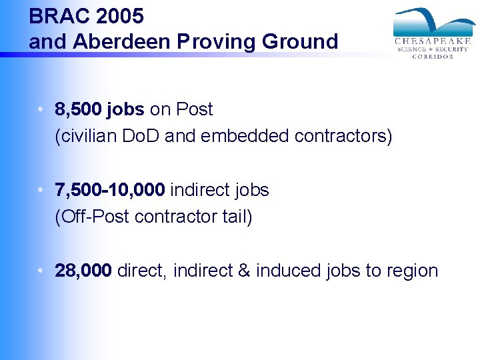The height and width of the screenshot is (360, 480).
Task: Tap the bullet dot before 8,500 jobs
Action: (41, 109)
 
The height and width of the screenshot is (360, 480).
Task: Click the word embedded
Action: (239, 136)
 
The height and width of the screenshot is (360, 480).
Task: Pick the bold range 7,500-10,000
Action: (110, 190)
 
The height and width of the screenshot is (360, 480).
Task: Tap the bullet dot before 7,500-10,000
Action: (41, 190)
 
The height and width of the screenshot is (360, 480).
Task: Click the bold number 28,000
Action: (84, 271)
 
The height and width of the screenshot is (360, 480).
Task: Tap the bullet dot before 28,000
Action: (41, 271)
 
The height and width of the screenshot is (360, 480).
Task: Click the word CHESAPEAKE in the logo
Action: (433, 41)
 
